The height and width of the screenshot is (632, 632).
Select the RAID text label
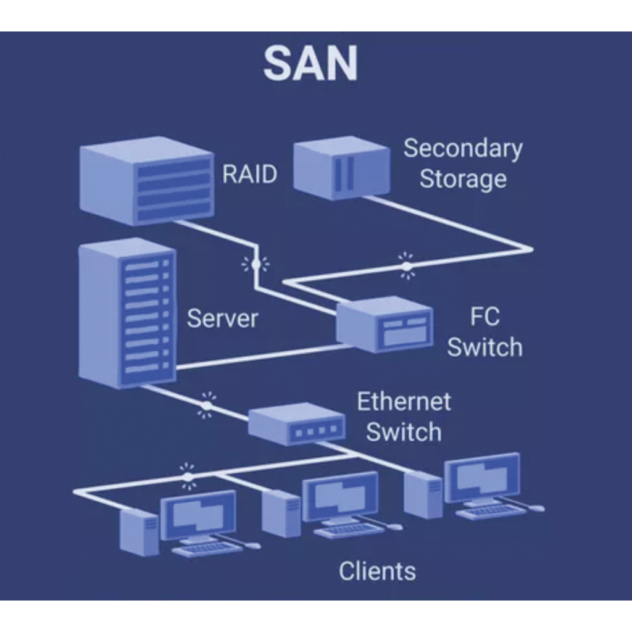[x=249, y=174]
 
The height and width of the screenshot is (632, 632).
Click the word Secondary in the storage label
[x=463, y=149]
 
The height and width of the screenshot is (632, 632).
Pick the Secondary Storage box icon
[x=341, y=167]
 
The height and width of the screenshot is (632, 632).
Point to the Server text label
[x=222, y=318]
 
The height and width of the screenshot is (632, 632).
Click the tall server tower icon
[x=128, y=313]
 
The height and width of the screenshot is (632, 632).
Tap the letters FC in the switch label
[x=484, y=317]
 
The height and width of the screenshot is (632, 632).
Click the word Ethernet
[x=404, y=402]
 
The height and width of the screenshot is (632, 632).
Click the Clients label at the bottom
[x=377, y=571]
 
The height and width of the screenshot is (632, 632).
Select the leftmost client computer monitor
[x=198, y=515]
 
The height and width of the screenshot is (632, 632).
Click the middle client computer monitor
[x=340, y=497]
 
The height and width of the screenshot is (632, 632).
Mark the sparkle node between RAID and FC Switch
[x=255, y=265]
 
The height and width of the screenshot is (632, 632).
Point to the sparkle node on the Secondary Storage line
[x=406, y=266]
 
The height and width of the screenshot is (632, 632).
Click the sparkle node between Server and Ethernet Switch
[x=207, y=405]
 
